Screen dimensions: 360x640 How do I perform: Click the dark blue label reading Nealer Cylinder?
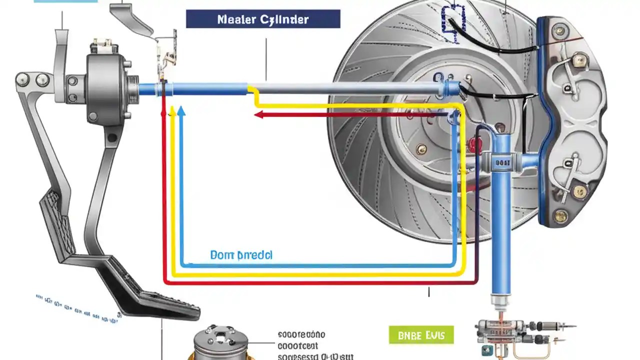pos(263,19)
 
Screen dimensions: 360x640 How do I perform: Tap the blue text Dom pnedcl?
pos(241,255)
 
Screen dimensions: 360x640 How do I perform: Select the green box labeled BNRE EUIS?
pos(421,334)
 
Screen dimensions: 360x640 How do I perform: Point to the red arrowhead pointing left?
pos(258,115)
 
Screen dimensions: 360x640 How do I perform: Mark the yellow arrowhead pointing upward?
pos(172,111)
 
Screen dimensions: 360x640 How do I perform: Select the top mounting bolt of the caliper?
pos(560,31)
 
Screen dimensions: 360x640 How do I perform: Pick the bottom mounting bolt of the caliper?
pos(561,215)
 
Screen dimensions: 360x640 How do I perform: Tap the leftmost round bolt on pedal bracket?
pos(22,79)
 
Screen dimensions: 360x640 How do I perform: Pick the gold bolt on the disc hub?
pos(422,149)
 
